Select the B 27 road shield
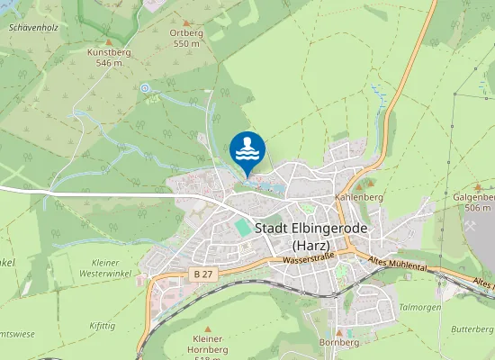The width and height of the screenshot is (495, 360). (203, 273)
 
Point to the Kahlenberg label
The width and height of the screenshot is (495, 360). (359, 196)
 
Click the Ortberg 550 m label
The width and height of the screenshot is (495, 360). (185, 38)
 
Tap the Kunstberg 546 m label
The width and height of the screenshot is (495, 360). (110, 58)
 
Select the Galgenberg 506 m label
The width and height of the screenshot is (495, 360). (475, 202)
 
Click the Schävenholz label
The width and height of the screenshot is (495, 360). (32, 28)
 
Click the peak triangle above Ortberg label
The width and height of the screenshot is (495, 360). (186, 22)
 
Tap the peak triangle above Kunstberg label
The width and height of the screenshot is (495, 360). (109, 41)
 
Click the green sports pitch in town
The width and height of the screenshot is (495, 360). (242, 228)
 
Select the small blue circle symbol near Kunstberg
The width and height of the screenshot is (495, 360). (144, 87)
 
